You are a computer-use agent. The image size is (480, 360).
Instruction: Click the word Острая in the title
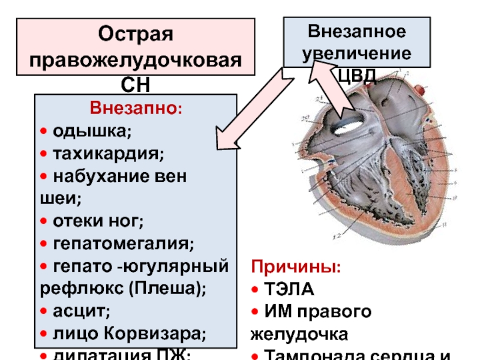tap(135, 34)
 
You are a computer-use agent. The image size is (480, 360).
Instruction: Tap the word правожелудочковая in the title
tap(136, 60)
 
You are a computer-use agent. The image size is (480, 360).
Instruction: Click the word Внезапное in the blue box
tap(356, 31)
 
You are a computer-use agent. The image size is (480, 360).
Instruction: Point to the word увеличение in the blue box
tap(356, 53)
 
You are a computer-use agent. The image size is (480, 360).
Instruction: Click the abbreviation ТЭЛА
tap(288, 290)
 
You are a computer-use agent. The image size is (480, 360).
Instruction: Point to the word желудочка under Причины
tap(295, 334)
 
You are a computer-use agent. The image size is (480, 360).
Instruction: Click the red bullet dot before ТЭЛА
tap(254, 290)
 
